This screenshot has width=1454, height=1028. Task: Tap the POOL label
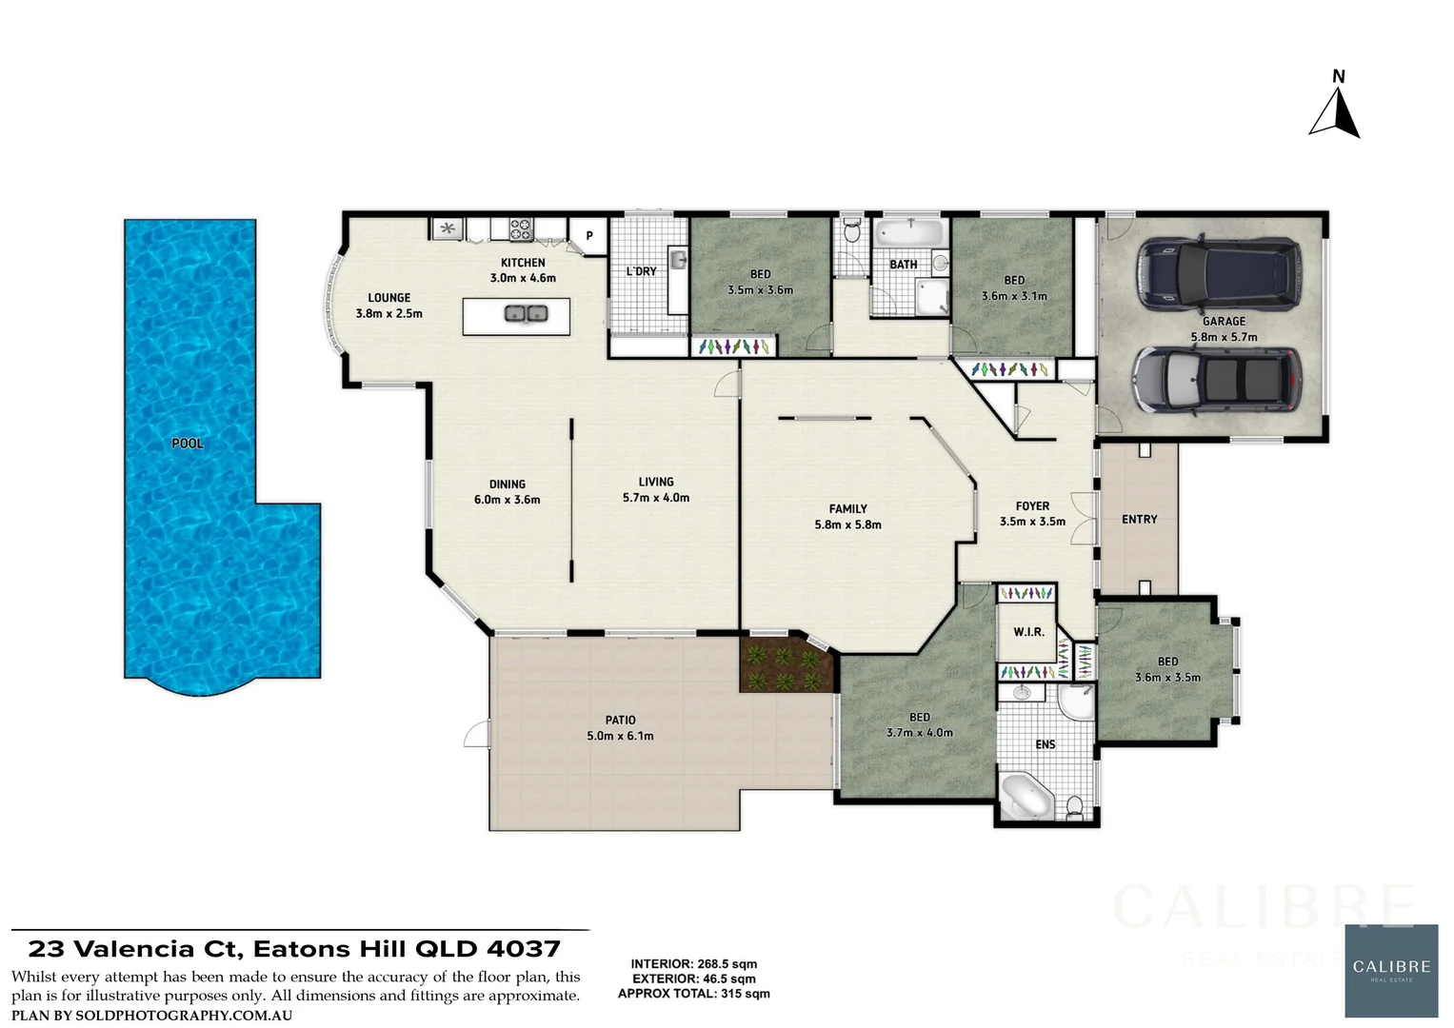pyautogui.click(x=187, y=443)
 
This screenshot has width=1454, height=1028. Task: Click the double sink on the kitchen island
pyautogui.click(x=526, y=313)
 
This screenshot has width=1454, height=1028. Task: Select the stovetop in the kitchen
pyautogui.click(x=520, y=228)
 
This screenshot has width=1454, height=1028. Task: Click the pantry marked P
pyautogui.click(x=588, y=236)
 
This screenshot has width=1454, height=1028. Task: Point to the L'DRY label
pyautogui.click(x=641, y=271)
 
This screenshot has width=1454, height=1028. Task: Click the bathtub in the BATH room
pyautogui.click(x=908, y=232)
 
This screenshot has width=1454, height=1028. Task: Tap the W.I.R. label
pyautogui.click(x=1028, y=632)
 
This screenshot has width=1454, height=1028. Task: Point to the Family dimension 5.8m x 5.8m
pyautogui.click(x=847, y=524)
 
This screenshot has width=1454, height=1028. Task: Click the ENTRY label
pyautogui.click(x=1139, y=520)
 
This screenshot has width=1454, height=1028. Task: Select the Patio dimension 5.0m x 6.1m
pyautogui.click(x=620, y=736)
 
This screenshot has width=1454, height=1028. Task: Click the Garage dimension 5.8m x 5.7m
pyautogui.click(x=1224, y=337)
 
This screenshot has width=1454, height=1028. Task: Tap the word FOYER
pyautogui.click(x=1032, y=506)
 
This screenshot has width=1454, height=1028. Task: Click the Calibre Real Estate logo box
pyautogui.click(x=1391, y=970)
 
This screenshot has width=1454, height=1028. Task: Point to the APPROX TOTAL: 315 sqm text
pyautogui.click(x=693, y=994)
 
